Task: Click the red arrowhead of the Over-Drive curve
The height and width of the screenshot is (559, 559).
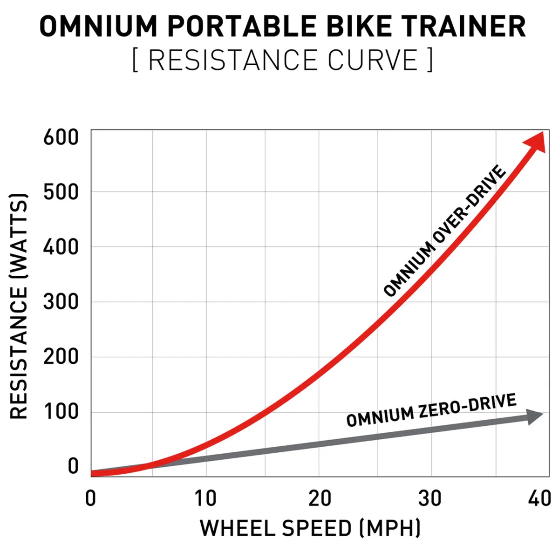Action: [535, 142]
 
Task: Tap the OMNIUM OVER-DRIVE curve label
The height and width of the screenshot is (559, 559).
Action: [445, 232]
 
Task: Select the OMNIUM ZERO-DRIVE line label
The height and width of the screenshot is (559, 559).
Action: [431, 410]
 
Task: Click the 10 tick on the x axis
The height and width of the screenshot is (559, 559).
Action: [205, 498]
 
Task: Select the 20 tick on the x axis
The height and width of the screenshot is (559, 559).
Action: [320, 498]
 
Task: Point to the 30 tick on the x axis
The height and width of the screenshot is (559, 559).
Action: [429, 498]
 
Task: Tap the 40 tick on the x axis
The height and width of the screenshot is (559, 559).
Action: [539, 498]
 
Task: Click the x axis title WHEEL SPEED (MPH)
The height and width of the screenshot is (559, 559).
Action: [311, 528]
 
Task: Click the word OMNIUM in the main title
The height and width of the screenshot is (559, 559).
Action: [98, 27]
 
